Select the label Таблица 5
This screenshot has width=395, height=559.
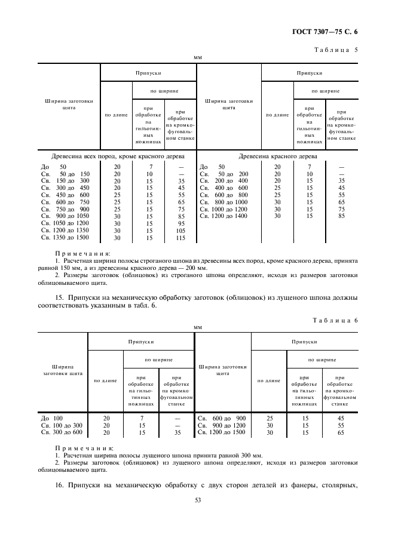(336, 50)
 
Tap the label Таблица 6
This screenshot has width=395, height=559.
(335, 321)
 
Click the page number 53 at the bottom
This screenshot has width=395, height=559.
(198, 500)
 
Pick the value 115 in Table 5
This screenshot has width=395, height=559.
(180, 238)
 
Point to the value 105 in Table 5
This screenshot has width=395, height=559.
(180, 231)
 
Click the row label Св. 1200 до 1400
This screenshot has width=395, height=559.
(223, 216)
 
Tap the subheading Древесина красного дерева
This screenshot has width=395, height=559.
(278, 156)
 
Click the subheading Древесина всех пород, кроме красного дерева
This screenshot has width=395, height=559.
(118, 156)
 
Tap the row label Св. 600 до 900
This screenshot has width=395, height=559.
(222, 418)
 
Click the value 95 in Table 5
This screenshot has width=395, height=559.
(180, 223)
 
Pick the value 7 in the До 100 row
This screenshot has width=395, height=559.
(142, 418)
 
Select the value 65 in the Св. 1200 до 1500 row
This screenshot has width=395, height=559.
(341, 432)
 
